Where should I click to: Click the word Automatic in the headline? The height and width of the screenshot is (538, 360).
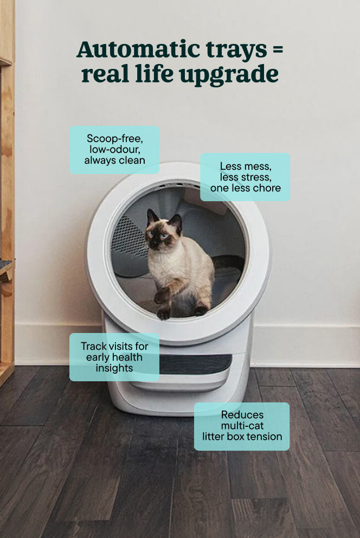pos(139,49)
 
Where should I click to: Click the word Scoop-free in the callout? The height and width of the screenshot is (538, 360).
pos(115,139)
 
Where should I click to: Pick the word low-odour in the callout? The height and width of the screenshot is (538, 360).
pos(115,149)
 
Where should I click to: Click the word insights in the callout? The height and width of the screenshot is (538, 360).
pos(114,368)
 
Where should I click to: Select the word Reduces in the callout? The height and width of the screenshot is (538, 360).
pos(242,415)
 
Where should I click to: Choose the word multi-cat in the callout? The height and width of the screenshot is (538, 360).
pos(242,426)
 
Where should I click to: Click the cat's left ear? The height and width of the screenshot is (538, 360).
pos(152,217)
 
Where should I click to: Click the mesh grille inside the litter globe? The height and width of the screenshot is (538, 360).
pos(128,237)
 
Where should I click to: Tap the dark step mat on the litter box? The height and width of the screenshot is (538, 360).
pos(196,364)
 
